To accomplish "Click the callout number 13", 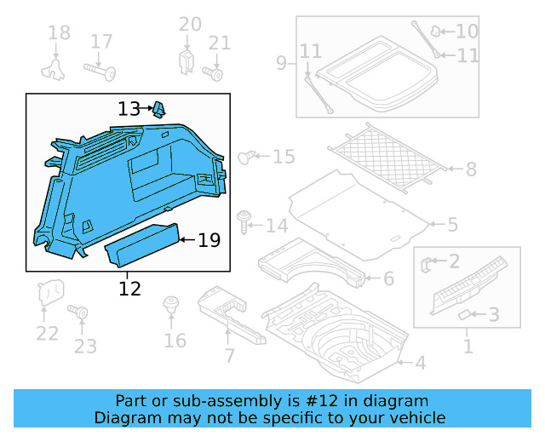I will tap(129, 109).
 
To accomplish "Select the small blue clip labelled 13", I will tap(159, 108).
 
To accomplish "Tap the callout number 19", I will tap(209, 241).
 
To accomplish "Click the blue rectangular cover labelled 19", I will tap(141, 244).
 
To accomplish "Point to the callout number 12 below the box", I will tap(129, 290).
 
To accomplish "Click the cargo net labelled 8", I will tap(387, 157).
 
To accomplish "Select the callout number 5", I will tap(452, 225).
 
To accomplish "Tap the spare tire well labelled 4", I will tap(341, 336).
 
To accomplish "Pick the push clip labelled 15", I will tap(247, 157).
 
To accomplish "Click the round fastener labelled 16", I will tap(172, 305).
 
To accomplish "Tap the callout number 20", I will tap(190, 24).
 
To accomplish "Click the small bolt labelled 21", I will tap(215, 73).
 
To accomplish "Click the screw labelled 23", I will tap(83, 314).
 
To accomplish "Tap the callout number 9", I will tap(281, 62).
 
